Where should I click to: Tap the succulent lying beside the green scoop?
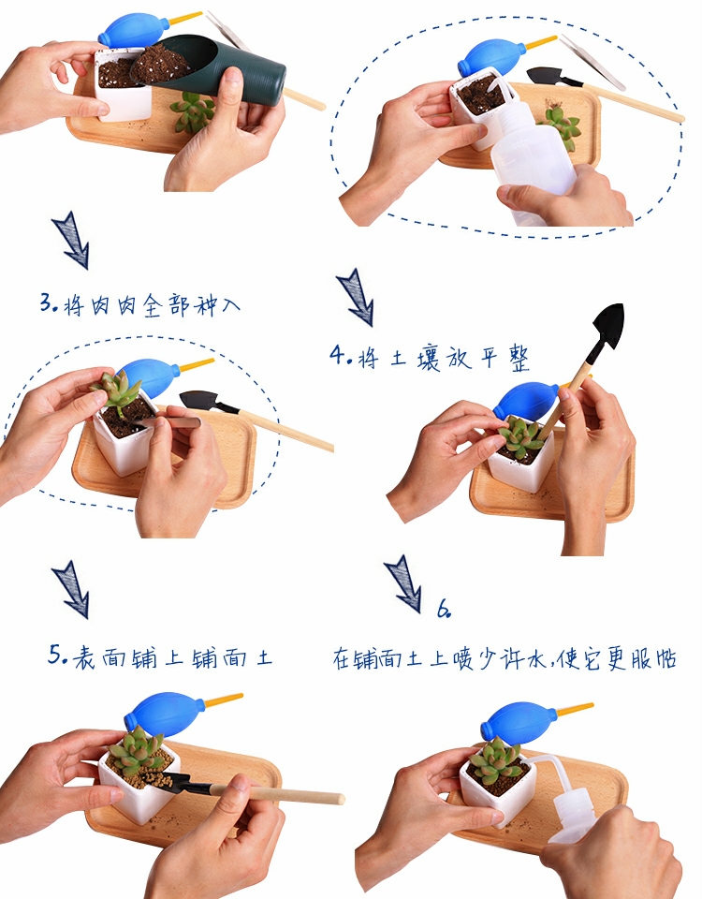[193, 111]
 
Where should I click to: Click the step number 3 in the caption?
[47, 302]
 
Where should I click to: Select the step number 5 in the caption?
[55, 655]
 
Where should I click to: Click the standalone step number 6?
[444, 609]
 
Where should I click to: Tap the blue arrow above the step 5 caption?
[72, 589]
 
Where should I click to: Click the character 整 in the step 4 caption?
[519, 359]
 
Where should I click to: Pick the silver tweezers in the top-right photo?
[592, 62]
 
